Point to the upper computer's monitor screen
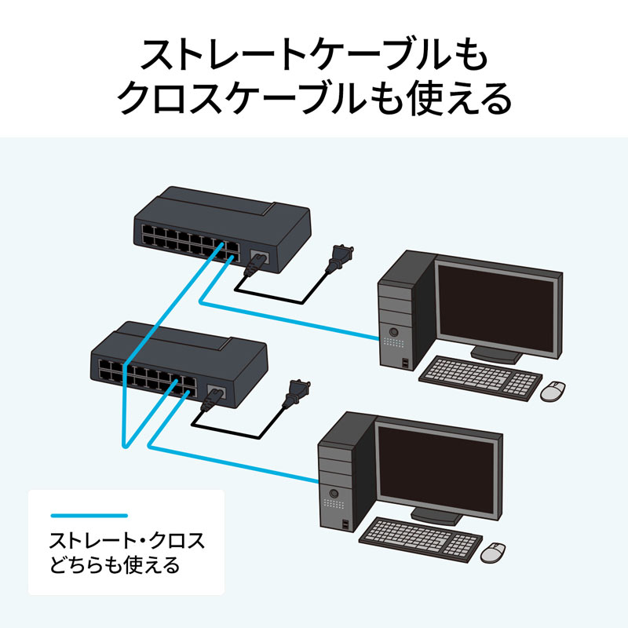click(x=498, y=305)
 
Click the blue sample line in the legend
click(x=88, y=516)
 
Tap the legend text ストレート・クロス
click(x=126, y=541)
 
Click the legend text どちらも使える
click(x=114, y=564)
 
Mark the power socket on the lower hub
click(x=216, y=390)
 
